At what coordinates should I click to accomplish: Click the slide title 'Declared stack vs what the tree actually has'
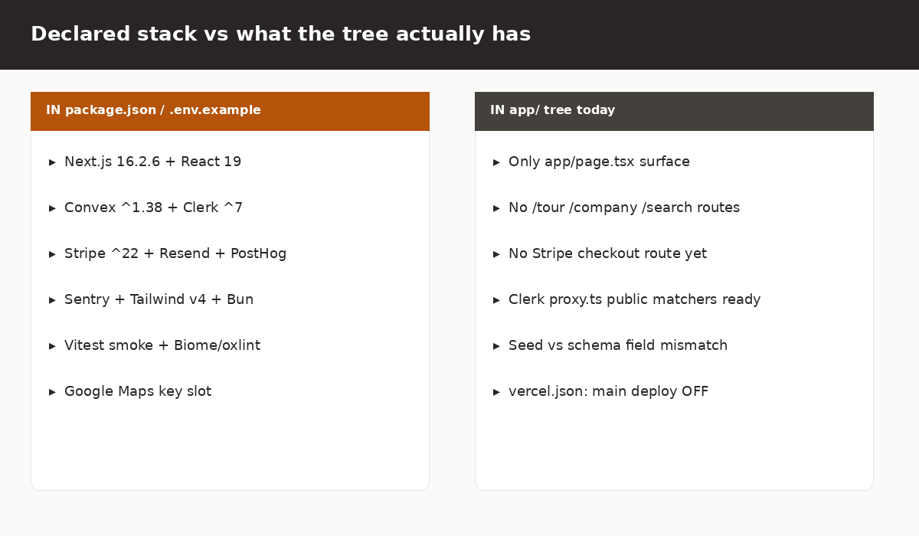(280, 34)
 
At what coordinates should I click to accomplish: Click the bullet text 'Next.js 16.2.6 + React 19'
(152, 162)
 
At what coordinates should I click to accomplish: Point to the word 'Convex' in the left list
(90, 208)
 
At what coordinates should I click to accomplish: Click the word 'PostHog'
(259, 254)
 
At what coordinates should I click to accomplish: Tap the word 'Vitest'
(84, 345)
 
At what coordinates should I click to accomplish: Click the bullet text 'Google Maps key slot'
(138, 391)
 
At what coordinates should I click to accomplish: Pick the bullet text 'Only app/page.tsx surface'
(599, 162)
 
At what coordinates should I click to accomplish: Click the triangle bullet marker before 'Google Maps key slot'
(52, 392)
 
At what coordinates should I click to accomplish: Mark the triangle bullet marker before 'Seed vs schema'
(496, 346)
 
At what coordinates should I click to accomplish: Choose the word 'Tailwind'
(157, 299)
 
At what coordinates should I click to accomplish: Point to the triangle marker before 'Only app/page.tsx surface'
(496, 162)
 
